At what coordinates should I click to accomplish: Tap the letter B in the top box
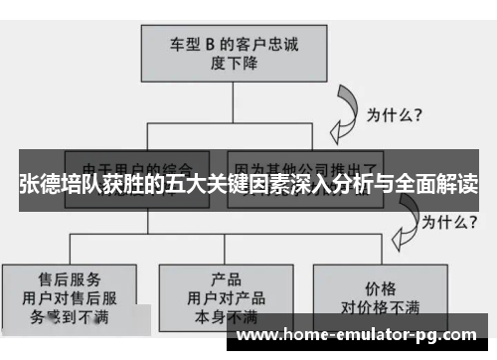pyautogui.click(x=209, y=43)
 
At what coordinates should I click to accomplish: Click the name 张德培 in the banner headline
pyautogui.click(x=46, y=185)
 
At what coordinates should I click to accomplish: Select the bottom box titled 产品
pyautogui.click(x=227, y=294)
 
